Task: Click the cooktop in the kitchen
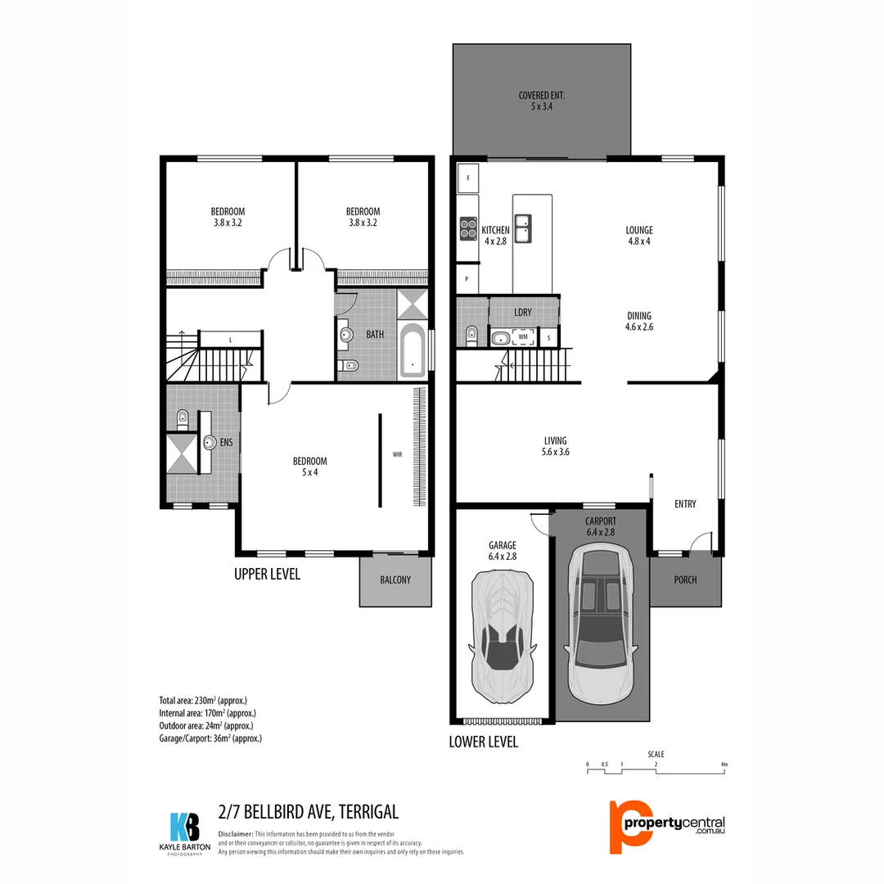coord(468,228)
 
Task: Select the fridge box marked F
coord(469,178)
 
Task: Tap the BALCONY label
coord(395,580)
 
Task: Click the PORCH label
coord(685,580)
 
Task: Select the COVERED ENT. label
coord(542,101)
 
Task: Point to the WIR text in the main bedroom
coord(397,453)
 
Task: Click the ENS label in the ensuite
coord(227,443)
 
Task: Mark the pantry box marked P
coord(467,279)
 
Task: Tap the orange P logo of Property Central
coord(622,826)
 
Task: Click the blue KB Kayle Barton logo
coord(184,828)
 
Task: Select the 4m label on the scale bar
coord(724,764)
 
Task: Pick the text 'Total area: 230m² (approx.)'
coord(203,700)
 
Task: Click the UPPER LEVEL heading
coord(267,575)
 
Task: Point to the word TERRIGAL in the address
coord(368,812)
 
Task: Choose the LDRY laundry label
coord(523,313)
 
